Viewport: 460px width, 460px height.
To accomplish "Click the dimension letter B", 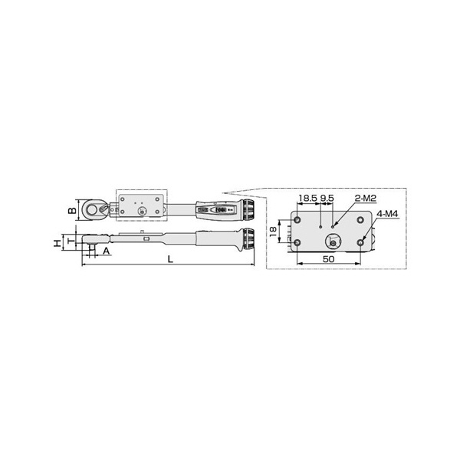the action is click(72, 210).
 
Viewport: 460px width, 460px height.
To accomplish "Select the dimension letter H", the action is click(58, 243).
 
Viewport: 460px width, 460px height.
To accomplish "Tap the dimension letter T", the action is click(71, 242).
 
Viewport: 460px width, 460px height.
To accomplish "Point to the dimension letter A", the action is click(106, 251).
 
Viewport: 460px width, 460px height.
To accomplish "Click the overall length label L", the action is click(170, 259).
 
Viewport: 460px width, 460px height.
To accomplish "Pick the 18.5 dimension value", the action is click(307, 199).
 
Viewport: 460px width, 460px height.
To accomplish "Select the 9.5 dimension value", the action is click(327, 199).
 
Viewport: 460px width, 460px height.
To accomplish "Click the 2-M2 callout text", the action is click(366, 199).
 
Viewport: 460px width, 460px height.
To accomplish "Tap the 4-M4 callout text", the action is click(387, 214).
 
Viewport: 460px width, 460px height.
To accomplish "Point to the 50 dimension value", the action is click(329, 259).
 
